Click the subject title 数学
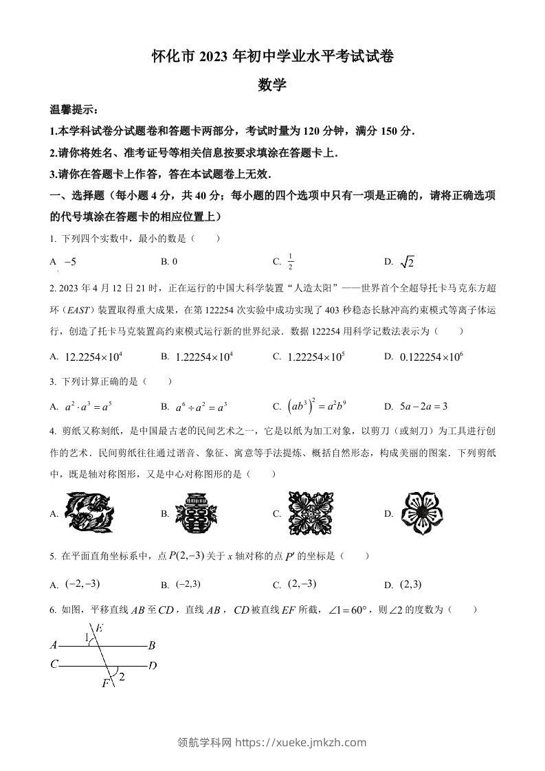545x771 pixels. pyautogui.click(x=272, y=85)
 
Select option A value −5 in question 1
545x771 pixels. pyautogui.click(x=69, y=262)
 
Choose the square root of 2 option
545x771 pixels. pyautogui.click(x=408, y=262)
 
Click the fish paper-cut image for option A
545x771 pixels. pyautogui.click(x=90, y=513)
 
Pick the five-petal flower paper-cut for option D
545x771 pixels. pyautogui.click(x=423, y=513)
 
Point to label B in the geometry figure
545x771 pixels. pyautogui.click(x=151, y=645)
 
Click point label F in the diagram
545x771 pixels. pyautogui.click(x=105, y=683)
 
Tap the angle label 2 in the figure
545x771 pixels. pyautogui.click(x=122, y=678)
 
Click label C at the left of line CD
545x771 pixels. pyautogui.click(x=54, y=664)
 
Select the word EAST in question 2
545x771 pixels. pyautogui.click(x=75, y=310)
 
